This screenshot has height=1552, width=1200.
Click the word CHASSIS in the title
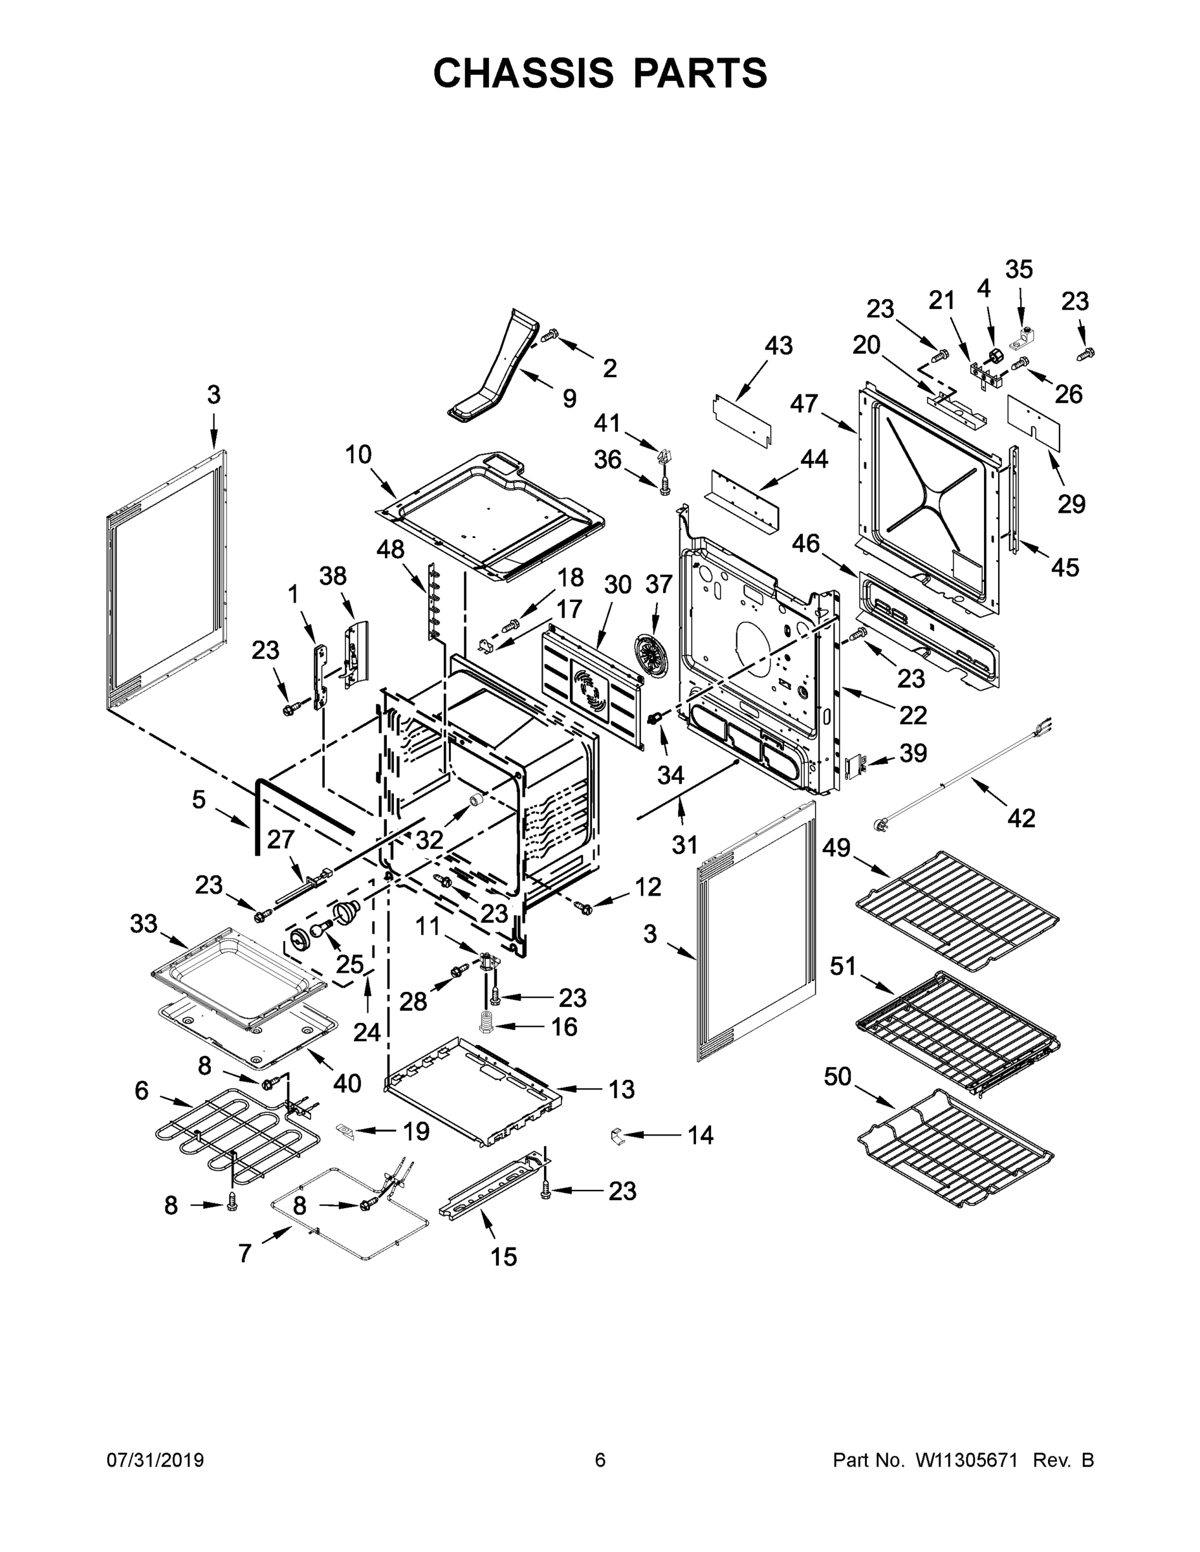click(x=523, y=72)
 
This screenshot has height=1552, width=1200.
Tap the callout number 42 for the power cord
click(x=1021, y=818)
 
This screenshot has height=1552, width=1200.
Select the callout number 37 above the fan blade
click(x=659, y=584)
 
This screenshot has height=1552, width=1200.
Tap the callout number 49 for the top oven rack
click(x=836, y=848)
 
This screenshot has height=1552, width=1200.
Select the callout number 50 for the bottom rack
click(x=838, y=1077)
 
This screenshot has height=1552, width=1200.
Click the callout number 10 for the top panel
click(x=358, y=453)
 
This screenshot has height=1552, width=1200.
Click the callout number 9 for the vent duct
click(x=569, y=398)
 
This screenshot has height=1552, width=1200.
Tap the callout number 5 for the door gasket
click(x=199, y=799)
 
